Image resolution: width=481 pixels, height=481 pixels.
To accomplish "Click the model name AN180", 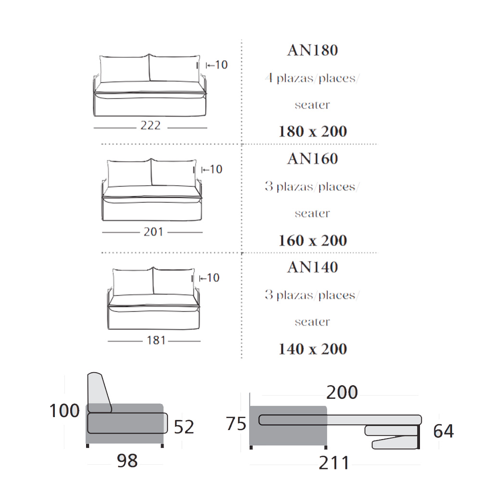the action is [x=313, y=51].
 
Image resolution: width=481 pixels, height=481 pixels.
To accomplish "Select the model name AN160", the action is [x=313, y=159].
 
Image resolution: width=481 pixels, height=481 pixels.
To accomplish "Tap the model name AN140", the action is [x=313, y=267].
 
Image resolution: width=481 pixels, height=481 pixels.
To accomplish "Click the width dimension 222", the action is [x=150, y=126].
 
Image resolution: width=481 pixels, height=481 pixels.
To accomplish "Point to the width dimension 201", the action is [x=153, y=232].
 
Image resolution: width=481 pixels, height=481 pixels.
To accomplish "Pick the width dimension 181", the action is [x=156, y=341].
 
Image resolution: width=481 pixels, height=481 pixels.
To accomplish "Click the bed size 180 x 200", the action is [x=313, y=132].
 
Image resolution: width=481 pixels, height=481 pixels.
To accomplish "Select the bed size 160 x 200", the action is [x=313, y=240].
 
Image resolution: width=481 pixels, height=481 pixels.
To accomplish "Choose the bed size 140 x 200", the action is [x=313, y=349].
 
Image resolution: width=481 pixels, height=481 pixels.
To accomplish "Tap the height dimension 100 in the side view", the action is [x=64, y=411].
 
